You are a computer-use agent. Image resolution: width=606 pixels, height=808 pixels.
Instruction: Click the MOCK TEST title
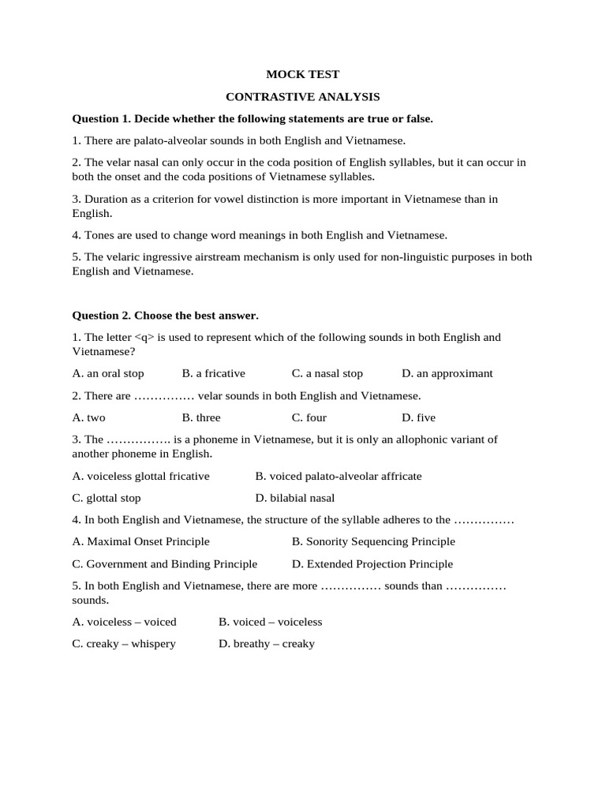pos(302,74)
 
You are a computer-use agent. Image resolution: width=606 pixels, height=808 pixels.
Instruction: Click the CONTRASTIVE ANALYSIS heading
pos(302,97)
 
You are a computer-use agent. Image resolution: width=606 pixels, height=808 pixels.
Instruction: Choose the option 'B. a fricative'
pos(213,373)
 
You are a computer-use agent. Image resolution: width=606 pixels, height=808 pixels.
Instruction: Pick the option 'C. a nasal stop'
pos(327,373)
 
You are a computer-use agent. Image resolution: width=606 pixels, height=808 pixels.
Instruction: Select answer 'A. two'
pos(88,417)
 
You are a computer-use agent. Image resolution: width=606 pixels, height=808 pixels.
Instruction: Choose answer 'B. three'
pos(201,417)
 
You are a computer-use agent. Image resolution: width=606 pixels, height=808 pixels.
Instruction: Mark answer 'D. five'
pos(418,417)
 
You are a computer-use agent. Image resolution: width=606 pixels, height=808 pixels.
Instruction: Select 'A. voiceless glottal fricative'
pos(140,476)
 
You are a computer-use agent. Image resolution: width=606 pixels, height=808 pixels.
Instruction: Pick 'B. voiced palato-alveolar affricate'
pos(339,476)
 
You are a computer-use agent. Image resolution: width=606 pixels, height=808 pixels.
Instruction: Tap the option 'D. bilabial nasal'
pos(295,498)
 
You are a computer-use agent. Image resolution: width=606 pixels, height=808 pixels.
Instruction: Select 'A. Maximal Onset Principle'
pos(140,541)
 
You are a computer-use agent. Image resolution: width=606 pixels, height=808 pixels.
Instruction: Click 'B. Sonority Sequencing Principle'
pos(373,541)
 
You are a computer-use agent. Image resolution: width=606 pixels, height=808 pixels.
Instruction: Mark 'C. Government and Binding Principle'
pos(164,564)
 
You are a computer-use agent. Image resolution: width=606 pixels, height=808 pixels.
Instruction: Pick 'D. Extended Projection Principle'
pos(372,564)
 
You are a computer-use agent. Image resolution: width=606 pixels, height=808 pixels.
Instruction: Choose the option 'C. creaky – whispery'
pos(124,644)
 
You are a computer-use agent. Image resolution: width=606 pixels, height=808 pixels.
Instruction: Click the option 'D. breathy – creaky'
pos(266,644)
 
